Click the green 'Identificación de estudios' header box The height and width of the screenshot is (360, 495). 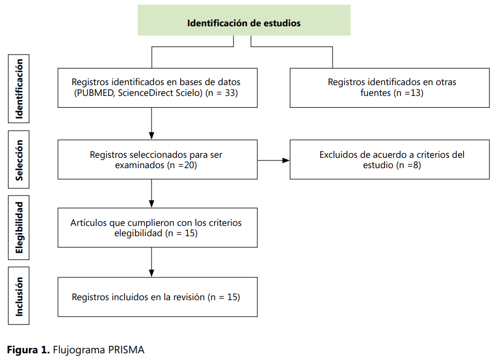pyautogui.click(x=244, y=20)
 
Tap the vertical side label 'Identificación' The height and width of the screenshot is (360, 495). pyautogui.click(x=19, y=89)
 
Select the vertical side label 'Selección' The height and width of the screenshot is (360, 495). pyautogui.click(x=19, y=160)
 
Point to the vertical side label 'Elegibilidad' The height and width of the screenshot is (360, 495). pyautogui.click(x=19, y=227)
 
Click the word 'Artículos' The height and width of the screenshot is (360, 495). pyautogui.click(x=89, y=223)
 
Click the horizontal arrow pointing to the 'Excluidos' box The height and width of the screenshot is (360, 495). pyautogui.click(x=273, y=160)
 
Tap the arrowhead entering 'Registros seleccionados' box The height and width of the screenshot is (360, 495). pyautogui.click(x=152, y=136)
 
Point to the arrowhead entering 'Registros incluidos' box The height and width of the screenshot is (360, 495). pyautogui.click(x=152, y=273)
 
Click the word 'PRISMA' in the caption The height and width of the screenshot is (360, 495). pyautogui.click(x=126, y=350)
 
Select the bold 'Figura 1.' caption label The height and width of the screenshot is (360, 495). pyautogui.click(x=28, y=350)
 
